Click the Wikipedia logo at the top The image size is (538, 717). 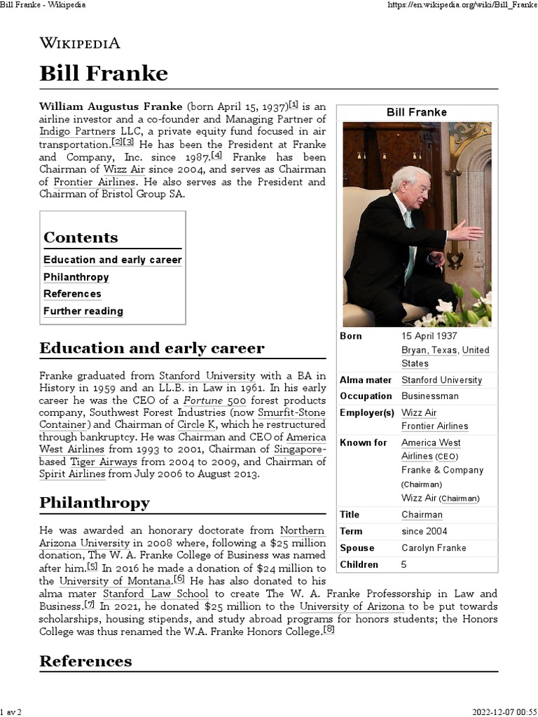pos(80,43)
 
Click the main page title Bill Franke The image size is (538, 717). pos(104,73)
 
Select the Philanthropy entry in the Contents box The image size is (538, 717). pos(76,277)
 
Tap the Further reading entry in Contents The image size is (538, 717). pos(83,311)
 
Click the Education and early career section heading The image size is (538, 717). pos(152,348)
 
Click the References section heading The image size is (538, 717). pos(85,661)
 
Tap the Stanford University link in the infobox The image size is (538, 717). pos(441,380)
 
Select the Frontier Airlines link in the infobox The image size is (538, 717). pos(434,426)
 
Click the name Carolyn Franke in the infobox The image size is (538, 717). pos(434,548)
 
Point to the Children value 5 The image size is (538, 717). pos(404,564)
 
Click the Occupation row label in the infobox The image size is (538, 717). pos(365,396)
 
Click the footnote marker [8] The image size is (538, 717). pos(329,629)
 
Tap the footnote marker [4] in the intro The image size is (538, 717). pos(217,155)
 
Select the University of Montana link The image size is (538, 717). pos(115,580)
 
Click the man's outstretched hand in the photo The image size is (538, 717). pos(465,230)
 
